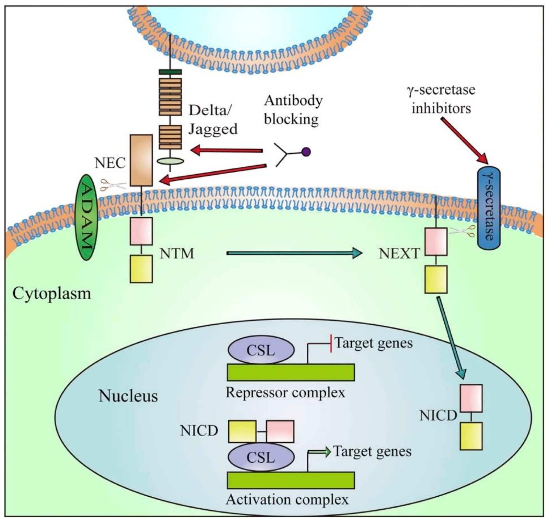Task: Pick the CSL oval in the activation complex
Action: [x=261, y=457]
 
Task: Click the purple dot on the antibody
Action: [x=306, y=152]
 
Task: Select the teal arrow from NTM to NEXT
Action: [x=294, y=253]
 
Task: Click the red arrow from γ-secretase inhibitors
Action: [x=464, y=140]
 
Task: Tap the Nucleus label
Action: [x=128, y=396]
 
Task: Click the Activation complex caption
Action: [x=287, y=499]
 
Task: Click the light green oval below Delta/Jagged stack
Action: [x=170, y=161]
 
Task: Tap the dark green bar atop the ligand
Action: [x=170, y=72]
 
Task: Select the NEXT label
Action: [x=399, y=253]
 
